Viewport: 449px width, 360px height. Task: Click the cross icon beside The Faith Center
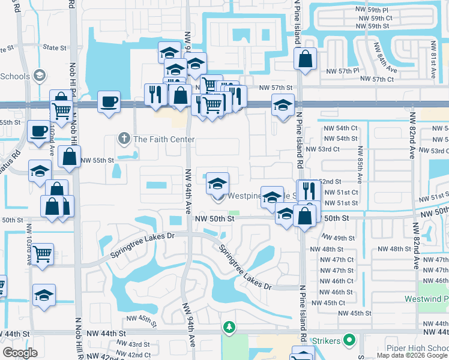click(x=124, y=139)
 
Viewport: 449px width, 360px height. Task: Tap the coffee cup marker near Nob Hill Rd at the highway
click(x=109, y=102)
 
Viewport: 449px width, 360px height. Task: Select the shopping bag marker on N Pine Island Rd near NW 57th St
click(x=306, y=59)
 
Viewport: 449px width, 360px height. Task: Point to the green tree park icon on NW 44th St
click(x=228, y=327)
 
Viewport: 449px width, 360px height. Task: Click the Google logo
click(x=20, y=353)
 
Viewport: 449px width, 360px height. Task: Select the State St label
click(x=54, y=47)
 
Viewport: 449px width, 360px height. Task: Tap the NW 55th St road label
click(x=97, y=161)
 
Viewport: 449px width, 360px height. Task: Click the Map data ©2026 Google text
click(x=412, y=355)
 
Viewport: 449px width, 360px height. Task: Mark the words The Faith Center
click(x=164, y=139)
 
